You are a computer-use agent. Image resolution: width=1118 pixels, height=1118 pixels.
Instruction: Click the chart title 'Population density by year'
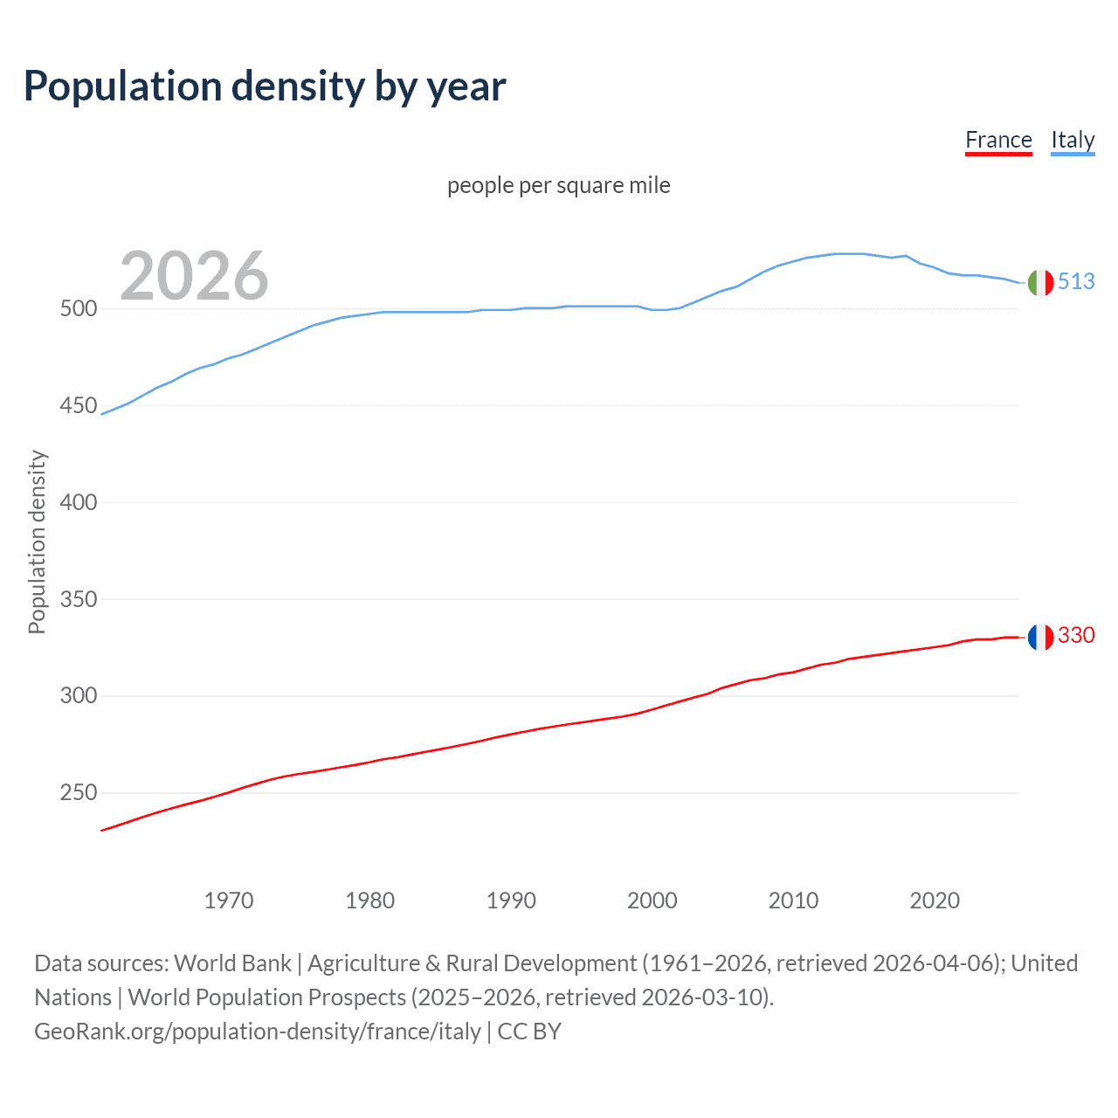click(265, 86)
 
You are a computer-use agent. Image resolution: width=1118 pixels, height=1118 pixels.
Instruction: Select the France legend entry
click(998, 140)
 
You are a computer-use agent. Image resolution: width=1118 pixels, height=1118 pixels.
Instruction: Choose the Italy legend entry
click(1073, 140)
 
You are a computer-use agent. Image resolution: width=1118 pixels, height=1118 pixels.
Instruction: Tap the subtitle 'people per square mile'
click(558, 185)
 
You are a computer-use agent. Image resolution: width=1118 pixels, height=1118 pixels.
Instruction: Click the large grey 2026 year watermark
click(194, 276)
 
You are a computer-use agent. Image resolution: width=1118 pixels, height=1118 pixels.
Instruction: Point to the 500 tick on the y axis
click(78, 309)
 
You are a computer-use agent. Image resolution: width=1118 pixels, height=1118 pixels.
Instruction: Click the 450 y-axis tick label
click(78, 406)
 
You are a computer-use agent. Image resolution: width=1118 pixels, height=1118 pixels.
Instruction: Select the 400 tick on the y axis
click(78, 503)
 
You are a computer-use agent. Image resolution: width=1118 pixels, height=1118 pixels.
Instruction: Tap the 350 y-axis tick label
click(78, 600)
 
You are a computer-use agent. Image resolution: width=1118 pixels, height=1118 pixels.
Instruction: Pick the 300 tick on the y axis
click(78, 696)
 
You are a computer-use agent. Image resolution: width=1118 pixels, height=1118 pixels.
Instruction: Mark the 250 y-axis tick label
click(78, 793)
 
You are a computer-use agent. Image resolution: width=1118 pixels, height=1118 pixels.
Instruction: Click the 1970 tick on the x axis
click(229, 901)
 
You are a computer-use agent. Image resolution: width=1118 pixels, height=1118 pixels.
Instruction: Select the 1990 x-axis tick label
click(511, 901)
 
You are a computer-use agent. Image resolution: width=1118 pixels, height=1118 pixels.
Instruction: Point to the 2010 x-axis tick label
click(793, 901)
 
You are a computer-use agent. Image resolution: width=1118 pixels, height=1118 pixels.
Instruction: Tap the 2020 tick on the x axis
click(935, 901)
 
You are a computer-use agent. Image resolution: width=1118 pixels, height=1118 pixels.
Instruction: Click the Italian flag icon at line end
click(1040, 282)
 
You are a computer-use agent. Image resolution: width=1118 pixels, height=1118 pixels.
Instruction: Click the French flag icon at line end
click(1040, 637)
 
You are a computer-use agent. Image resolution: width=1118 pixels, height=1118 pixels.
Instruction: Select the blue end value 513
click(1076, 281)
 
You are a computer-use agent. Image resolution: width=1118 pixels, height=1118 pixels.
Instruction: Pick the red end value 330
click(1076, 635)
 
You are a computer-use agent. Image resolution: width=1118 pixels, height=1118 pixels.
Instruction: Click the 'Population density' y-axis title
click(37, 542)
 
